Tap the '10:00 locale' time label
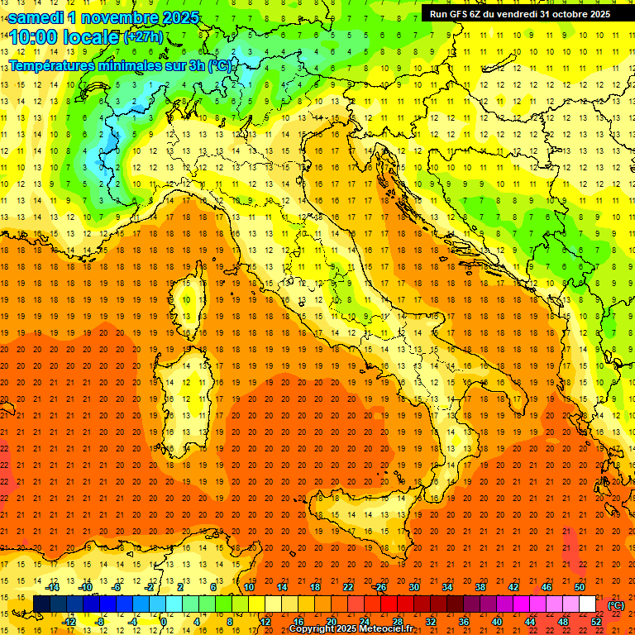tap(64, 38)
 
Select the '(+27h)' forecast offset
tap(143, 37)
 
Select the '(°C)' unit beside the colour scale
tap(616, 604)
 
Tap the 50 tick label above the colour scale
tap(580, 587)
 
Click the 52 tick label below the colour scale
tap(596, 621)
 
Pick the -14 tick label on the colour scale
tap(53, 587)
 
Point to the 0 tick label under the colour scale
tap(164, 621)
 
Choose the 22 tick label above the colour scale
tap(348, 587)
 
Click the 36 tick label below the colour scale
tap(464, 621)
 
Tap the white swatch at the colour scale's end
tap(587, 604)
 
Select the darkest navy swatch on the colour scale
tap(41, 604)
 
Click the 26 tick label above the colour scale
tap(381, 587)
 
